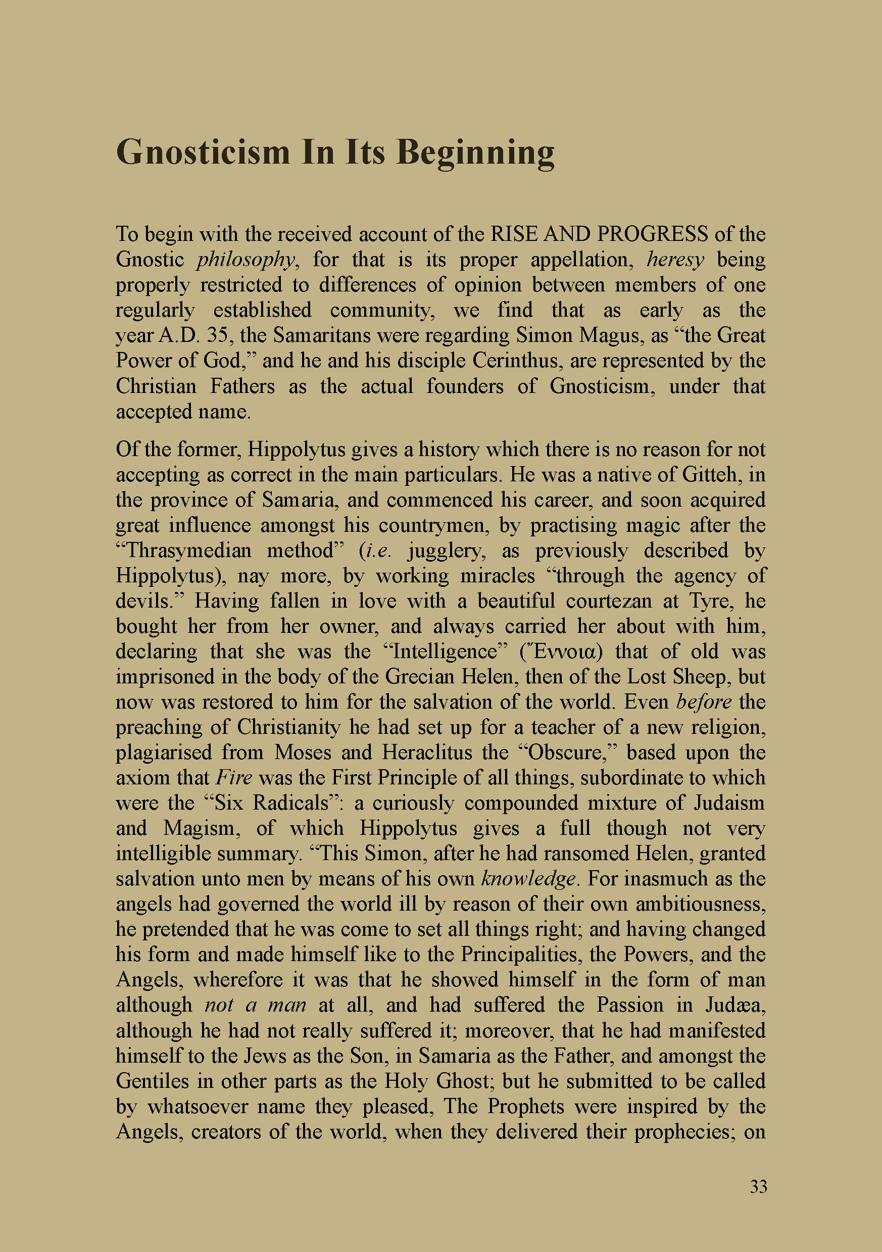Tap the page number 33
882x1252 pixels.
pyautogui.click(x=758, y=1186)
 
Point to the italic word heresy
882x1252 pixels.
pyautogui.click(x=675, y=260)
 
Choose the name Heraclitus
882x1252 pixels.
pyautogui.click(x=426, y=753)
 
